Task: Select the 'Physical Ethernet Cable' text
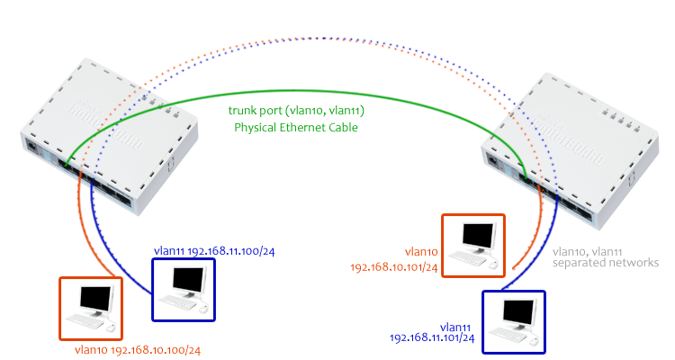click(x=296, y=128)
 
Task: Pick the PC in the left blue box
click(x=184, y=289)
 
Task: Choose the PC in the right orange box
click(x=473, y=244)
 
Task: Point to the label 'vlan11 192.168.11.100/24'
click(x=201, y=251)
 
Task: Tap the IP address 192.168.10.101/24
click(x=393, y=267)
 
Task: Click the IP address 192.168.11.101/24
click(x=432, y=337)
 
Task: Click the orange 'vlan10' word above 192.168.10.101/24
click(x=419, y=253)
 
